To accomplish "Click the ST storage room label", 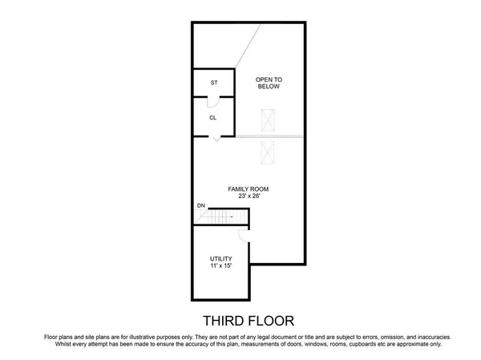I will [214, 83].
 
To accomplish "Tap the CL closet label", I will [213, 118].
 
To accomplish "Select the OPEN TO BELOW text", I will [269, 83].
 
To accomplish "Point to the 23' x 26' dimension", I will [249, 196].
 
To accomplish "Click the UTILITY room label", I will [221, 258].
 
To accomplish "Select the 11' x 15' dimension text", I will [221, 266].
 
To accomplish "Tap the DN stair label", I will [200, 206].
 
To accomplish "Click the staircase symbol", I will [225, 216].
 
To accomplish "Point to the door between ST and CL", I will [212, 100].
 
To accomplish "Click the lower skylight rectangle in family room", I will [269, 151].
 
